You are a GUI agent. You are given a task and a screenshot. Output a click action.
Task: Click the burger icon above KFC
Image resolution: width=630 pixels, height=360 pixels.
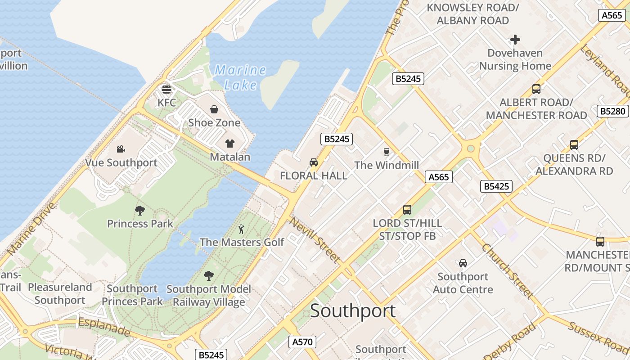point(166,89)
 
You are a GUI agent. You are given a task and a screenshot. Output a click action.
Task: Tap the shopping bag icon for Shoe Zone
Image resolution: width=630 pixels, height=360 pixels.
point(214,109)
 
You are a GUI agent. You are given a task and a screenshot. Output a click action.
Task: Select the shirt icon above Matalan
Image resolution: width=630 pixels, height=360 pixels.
point(230,144)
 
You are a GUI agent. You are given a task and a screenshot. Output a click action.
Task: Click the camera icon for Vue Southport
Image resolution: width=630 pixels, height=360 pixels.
point(121,149)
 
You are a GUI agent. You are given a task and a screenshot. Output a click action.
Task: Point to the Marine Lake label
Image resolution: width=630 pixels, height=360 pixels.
point(240,77)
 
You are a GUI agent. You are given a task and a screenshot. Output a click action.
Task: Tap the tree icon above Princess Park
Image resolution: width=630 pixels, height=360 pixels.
point(140,210)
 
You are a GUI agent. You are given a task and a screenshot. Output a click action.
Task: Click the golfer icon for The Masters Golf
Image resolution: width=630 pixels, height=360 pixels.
point(242,229)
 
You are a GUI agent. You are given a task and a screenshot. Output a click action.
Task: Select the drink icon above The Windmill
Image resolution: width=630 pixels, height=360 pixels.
point(386,152)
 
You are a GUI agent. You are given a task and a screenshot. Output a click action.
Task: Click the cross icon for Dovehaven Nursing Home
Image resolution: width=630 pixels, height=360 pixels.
point(515,40)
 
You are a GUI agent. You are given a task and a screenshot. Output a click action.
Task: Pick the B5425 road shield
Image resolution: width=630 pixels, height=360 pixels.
point(496,186)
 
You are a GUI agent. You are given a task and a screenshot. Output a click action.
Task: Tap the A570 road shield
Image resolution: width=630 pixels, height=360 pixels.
point(302,342)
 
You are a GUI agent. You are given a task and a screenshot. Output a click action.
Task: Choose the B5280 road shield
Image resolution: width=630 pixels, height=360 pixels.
point(612,111)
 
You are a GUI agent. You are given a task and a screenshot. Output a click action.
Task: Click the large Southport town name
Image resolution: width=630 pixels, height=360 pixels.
point(353,311)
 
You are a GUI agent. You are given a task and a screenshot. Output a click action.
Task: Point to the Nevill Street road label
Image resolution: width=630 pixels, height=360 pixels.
point(314,240)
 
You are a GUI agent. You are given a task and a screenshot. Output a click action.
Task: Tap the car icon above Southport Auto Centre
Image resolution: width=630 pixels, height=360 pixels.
point(463,263)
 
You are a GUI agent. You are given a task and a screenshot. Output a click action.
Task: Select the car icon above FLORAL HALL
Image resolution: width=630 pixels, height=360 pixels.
point(314,162)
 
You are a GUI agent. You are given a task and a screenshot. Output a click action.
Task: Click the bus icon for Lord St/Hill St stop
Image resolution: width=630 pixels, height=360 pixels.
point(407,210)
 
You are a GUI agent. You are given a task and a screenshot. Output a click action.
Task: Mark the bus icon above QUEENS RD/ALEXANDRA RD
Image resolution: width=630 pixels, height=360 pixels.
point(574,145)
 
